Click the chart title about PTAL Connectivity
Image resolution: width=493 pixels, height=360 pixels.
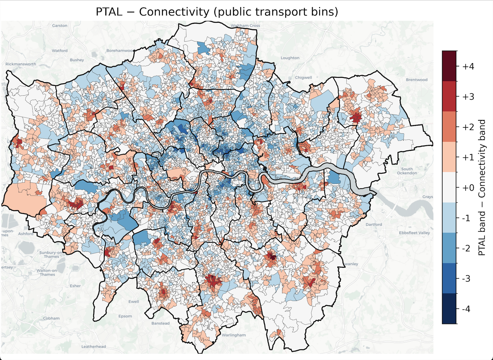216,12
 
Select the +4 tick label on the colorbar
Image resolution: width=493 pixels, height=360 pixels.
468,66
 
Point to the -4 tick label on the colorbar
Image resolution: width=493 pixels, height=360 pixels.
466,309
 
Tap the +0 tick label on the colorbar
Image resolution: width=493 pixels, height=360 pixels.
468,188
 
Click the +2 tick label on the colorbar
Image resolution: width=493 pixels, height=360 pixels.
468,127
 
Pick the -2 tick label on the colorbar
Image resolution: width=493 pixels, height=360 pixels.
466,248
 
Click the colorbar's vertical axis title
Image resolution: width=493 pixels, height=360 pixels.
482,188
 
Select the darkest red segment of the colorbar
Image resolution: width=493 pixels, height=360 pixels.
449,66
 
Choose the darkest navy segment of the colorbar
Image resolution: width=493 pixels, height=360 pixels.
449,309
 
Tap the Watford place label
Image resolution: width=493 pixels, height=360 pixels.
59,51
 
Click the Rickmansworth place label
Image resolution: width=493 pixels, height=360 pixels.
21,64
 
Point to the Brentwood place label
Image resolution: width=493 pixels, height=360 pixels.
416,80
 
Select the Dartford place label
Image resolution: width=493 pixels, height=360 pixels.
373,224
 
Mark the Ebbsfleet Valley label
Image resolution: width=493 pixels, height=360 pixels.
415,233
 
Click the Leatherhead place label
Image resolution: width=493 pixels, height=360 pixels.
94,346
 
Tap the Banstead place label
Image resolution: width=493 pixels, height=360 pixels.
160,323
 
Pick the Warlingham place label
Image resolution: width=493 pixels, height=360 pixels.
233,335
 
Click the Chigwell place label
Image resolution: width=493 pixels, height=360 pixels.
303,77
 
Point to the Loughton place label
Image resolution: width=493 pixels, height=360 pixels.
290,58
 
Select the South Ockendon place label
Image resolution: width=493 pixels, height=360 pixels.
407,171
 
